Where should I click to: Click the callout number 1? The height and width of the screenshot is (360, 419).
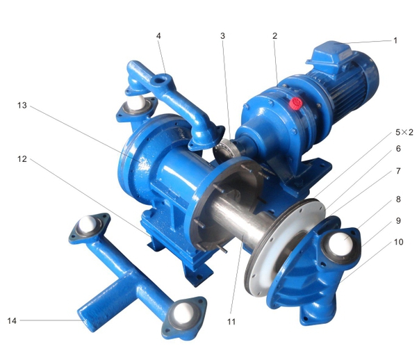click(395, 40)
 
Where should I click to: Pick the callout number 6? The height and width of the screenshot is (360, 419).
click(398, 148)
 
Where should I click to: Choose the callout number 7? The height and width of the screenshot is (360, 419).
click(398, 170)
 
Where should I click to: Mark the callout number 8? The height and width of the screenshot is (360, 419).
click(398, 199)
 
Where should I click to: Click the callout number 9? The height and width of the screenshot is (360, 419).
click(398, 222)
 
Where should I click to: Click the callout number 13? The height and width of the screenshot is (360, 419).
click(22, 106)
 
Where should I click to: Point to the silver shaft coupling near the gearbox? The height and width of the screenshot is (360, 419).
click(224, 147)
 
